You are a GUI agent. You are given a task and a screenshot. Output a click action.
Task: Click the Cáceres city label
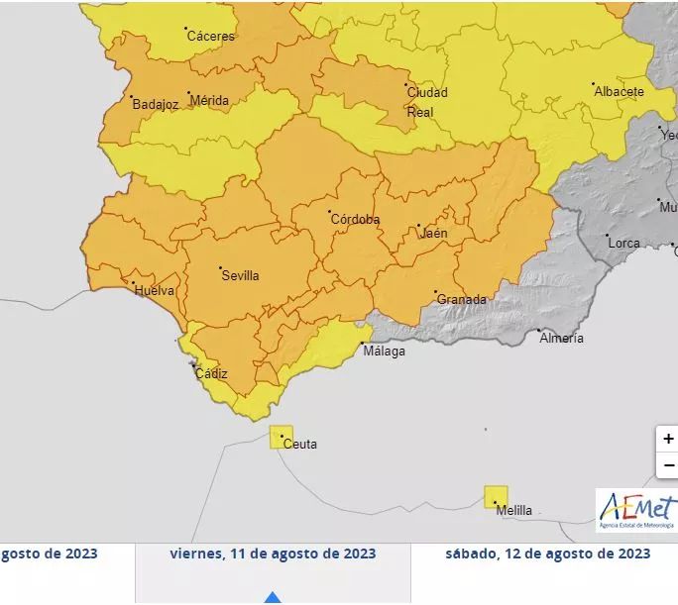point(211,37)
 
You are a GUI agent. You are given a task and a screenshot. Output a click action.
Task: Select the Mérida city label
point(209,101)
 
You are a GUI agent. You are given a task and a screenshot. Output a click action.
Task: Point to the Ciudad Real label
point(427,102)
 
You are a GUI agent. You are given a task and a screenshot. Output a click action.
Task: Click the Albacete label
point(619,92)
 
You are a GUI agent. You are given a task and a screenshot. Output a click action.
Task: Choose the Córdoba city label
point(355,220)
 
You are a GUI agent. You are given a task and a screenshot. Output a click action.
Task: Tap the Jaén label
point(434,234)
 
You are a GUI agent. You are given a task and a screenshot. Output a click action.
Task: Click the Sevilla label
point(240,276)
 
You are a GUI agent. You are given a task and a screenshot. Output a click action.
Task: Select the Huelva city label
point(155,291)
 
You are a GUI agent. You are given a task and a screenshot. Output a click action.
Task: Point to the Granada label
point(462,300)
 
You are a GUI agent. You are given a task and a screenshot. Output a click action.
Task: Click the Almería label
point(561,339)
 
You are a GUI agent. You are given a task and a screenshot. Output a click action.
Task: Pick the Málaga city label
point(384,352)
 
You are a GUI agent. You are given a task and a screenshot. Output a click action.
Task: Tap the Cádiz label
point(211,374)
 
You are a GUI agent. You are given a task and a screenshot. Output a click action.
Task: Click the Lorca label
point(624,243)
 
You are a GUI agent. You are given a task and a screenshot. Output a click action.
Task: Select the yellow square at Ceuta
point(282,437)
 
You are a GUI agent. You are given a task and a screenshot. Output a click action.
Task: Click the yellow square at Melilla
point(496,497)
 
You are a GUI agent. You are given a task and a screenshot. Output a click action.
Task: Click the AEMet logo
point(636,510)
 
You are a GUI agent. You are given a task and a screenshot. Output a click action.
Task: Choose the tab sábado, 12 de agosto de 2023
point(547,554)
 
